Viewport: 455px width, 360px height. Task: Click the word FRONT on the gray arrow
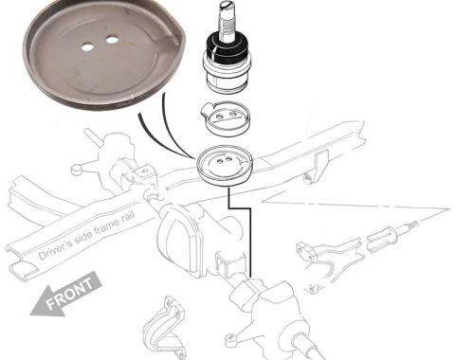tap(70, 293)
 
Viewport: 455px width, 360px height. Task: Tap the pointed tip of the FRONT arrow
tap(30, 314)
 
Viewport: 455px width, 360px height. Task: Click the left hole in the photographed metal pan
tap(87, 47)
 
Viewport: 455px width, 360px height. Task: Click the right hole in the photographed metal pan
tap(112, 40)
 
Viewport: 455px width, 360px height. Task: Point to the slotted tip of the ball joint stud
tap(227, 5)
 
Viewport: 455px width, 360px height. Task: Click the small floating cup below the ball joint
tap(226, 118)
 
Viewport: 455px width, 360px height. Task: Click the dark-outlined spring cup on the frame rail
tap(225, 165)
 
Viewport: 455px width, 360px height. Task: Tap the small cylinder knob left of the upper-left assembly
tap(77, 170)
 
